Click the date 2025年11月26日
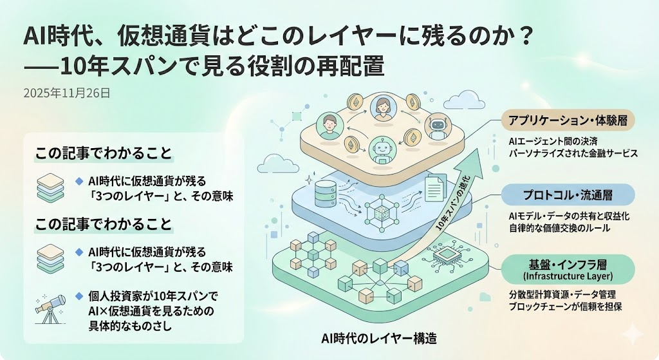66,93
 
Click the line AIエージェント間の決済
548,141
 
